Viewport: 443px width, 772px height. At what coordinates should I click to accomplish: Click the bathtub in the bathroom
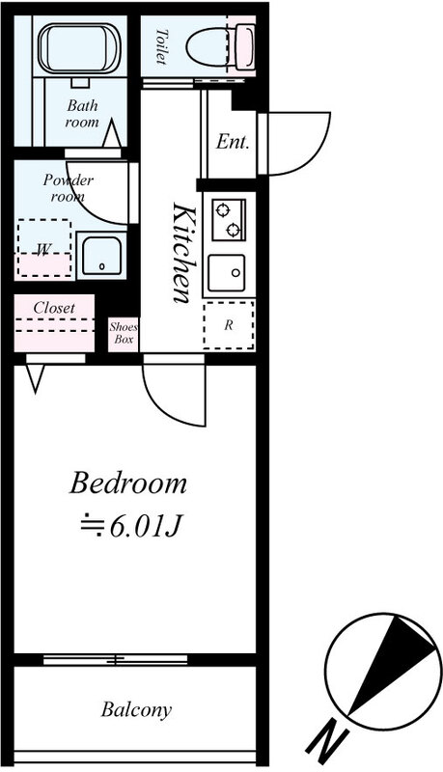pos(80,48)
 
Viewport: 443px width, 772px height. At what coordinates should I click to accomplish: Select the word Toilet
pos(161,46)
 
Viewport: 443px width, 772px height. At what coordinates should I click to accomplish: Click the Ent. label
pos(233,142)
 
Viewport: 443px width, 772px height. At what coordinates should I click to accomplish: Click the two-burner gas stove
pos(229,220)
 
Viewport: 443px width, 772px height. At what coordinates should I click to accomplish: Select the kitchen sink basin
pos(227,273)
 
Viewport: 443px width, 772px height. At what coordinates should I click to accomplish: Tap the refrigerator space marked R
pos(229,325)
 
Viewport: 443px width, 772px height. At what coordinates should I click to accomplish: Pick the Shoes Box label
pos(124,333)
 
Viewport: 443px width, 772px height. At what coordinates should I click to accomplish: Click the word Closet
pos(54,308)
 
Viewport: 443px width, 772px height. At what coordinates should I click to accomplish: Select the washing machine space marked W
pos(44,248)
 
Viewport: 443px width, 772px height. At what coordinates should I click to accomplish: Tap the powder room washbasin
pos(101,255)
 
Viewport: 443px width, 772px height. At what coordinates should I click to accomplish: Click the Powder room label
pos(68,188)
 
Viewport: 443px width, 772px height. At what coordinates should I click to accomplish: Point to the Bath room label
pos(82,113)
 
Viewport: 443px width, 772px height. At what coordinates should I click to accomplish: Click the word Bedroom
pos(128,483)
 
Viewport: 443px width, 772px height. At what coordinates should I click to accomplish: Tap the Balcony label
pos(136,710)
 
